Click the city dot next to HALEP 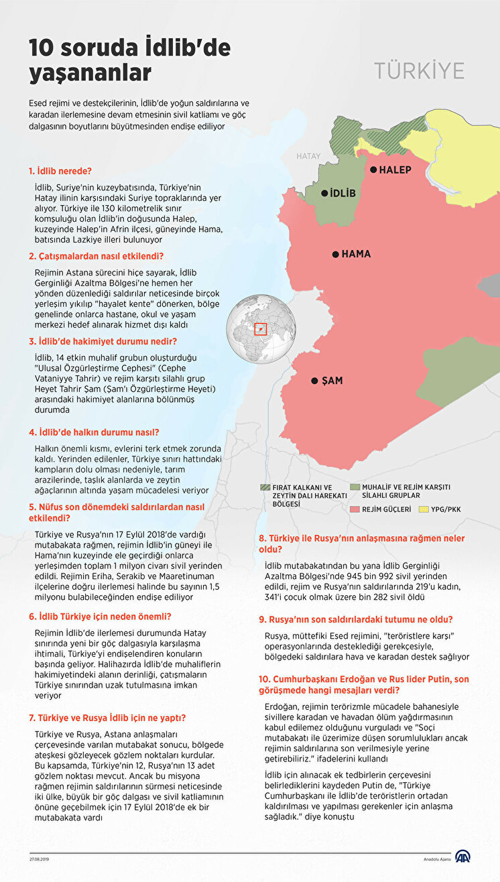(x=373, y=170)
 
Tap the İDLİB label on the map (x=342, y=194)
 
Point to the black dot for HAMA (x=334, y=255)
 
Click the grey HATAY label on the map (x=309, y=156)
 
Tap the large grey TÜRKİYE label (x=420, y=72)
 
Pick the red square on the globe (x=261, y=329)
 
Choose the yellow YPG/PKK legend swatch (x=424, y=509)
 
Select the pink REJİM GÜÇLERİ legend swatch (x=355, y=509)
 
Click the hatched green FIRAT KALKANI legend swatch (x=265, y=487)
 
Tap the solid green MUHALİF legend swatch (x=355, y=487)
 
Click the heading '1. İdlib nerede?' (x=60, y=171)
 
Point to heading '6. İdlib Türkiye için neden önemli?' (x=100, y=616)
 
